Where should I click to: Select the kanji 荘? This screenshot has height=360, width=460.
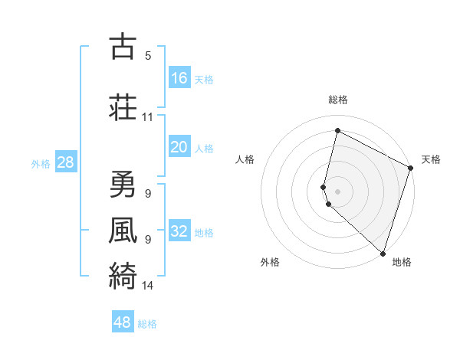(122, 107)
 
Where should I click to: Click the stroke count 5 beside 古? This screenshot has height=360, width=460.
(148, 56)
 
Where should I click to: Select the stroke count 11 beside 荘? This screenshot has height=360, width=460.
(148, 117)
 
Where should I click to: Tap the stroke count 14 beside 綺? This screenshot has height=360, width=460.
(148, 286)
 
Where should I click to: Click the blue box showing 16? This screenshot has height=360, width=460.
(179, 78)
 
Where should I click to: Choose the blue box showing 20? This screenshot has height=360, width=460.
(179, 148)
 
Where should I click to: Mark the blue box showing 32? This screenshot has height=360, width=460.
(179, 232)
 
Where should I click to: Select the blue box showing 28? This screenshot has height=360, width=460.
(65, 162)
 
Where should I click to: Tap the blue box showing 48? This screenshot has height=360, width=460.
(123, 322)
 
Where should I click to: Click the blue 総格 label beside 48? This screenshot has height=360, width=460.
(148, 324)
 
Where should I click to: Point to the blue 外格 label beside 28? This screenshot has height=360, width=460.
(41, 163)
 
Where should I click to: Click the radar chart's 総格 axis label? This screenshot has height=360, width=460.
(338, 100)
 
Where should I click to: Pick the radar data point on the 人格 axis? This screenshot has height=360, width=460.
(324, 186)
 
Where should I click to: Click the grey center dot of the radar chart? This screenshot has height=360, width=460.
(338, 191)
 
